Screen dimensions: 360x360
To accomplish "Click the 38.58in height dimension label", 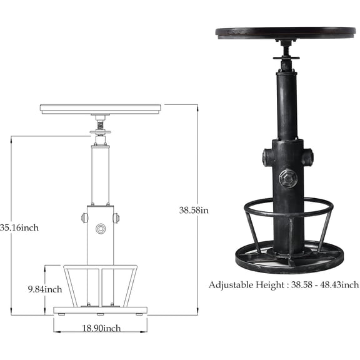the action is coord(194,210).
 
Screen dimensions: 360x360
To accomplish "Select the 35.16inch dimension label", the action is coord(19,227).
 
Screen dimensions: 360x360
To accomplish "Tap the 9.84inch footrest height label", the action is coord(45,289).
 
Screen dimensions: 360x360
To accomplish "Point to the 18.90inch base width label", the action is coord(101,328).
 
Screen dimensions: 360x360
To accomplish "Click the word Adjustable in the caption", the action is coord(231,286).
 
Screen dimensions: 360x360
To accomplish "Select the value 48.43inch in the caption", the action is coord(339,285).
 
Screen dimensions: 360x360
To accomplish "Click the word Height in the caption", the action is coord(270,286).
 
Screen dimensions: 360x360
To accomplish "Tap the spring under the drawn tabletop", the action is coord(101,126).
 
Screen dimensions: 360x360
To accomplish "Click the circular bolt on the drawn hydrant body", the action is coord(101,229).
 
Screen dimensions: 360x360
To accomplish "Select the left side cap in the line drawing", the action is coord(84,218).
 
